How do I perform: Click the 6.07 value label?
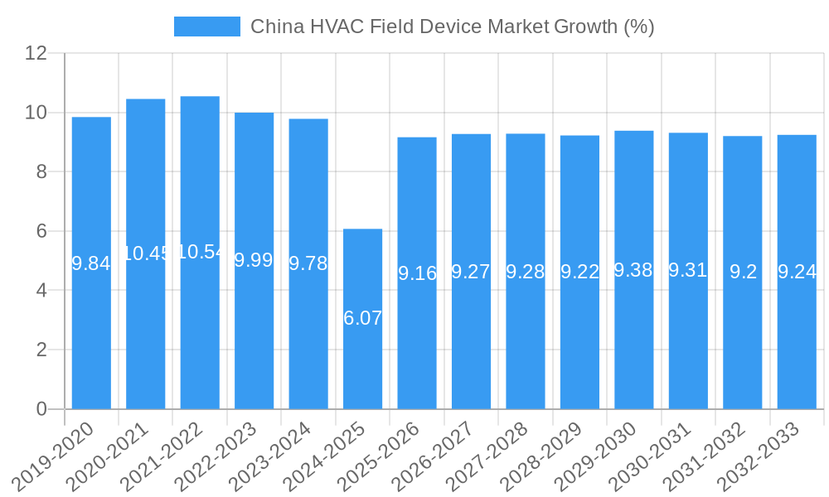tap(362, 318)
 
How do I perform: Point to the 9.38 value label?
tap(634, 270)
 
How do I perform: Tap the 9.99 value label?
tap(254, 260)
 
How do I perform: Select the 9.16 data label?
tap(417, 273)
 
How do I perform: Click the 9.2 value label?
tap(743, 272)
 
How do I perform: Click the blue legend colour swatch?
tap(206, 27)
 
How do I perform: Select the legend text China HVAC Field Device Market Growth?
tap(453, 27)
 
